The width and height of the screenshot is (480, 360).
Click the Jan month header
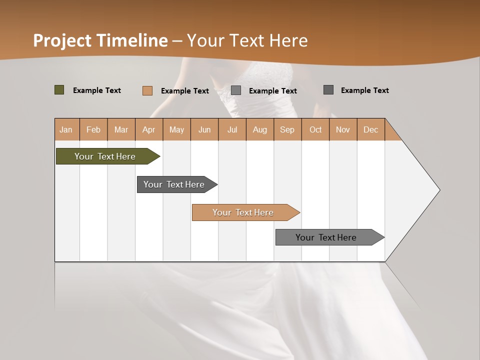[x=66, y=129]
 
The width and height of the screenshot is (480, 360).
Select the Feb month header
[x=93, y=129]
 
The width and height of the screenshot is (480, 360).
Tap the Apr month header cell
[x=149, y=129]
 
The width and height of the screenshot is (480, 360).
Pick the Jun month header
[x=204, y=129]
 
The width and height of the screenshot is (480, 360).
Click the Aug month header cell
[x=260, y=129]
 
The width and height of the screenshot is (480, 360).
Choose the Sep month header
[x=287, y=129]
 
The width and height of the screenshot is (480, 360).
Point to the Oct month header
[x=315, y=129]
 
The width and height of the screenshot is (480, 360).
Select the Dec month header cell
[x=371, y=129]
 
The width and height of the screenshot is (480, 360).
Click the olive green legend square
[x=59, y=90]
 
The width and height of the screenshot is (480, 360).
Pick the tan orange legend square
[x=147, y=90]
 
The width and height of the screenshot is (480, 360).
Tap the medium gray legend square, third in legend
[x=236, y=90]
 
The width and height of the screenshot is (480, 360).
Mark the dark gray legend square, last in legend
[x=328, y=90]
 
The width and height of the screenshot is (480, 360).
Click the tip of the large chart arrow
[x=438, y=190]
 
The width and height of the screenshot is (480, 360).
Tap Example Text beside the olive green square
[x=97, y=90]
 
